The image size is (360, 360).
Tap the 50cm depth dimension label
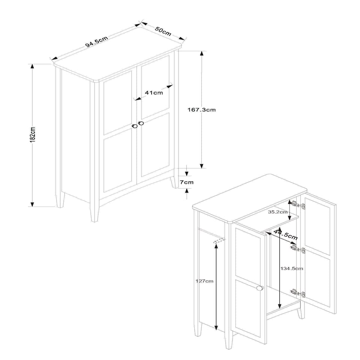click(163, 31)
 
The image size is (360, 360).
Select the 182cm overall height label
click(33, 134)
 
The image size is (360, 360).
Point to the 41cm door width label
click(154, 93)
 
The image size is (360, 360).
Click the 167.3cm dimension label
click(202, 110)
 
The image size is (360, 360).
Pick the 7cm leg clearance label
click(187, 182)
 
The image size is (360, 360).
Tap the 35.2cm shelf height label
click(277, 212)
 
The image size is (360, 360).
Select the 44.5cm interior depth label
click(286, 234)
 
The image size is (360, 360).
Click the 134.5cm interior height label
click(292, 268)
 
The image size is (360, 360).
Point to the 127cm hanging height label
click(204, 281)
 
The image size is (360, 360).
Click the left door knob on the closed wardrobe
click(135, 126)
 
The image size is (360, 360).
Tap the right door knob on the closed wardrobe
click(141, 123)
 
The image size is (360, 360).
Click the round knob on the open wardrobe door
click(259, 288)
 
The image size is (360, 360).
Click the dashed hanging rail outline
click(219, 241)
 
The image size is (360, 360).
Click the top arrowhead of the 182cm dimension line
click(32, 66)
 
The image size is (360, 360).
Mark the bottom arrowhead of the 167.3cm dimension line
click(202, 166)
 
